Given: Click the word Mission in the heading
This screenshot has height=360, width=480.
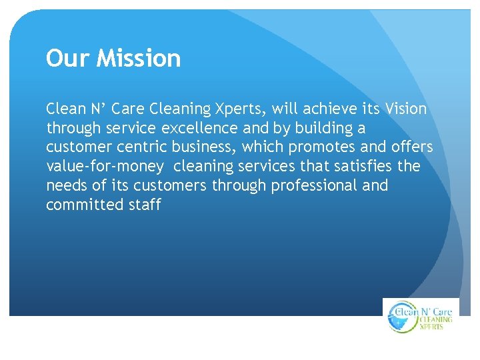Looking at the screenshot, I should click(139, 59).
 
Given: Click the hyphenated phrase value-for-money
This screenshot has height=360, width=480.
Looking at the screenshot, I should click(104, 166).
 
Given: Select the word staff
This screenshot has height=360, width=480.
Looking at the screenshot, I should click(144, 205).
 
